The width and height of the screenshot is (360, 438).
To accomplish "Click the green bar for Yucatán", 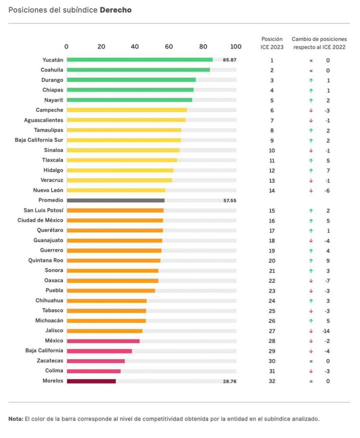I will [x=140, y=60].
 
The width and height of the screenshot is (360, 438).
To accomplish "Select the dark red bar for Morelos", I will [x=91, y=381].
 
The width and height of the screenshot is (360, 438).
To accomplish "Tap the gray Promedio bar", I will [x=116, y=200].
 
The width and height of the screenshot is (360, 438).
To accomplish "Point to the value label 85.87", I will [x=230, y=60].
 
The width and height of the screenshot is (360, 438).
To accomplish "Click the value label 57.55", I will [x=230, y=201].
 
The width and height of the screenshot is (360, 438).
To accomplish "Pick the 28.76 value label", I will [x=230, y=381].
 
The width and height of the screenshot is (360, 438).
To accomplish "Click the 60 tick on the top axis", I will [x=169, y=47].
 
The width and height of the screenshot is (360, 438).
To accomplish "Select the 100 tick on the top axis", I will [x=236, y=47].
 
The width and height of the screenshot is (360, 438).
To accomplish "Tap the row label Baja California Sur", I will [x=39, y=140].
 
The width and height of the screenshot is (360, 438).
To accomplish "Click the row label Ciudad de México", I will [x=40, y=220].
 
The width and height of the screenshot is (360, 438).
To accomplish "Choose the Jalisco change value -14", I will [x=326, y=331].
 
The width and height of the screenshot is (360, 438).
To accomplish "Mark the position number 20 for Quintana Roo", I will [x=272, y=261].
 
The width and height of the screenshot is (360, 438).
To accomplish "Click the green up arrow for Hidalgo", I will [x=311, y=170].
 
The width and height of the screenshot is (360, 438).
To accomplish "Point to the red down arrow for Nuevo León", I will [x=311, y=191].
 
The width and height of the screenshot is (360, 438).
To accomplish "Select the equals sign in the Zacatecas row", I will [x=311, y=361].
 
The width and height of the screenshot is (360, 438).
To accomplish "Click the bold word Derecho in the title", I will [x=116, y=10].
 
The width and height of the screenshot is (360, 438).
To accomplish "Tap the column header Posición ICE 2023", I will [x=272, y=43].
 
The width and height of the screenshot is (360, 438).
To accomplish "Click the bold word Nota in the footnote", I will [x=15, y=419].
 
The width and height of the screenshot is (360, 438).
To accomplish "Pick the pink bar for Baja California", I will [x=99, y=351].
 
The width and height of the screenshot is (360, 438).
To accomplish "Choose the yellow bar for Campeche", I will [x=127, y=110].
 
